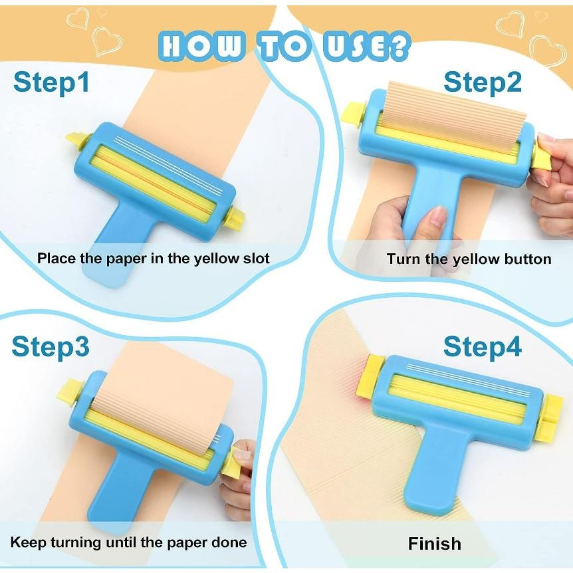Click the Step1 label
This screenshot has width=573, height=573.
click(x=51, y=82)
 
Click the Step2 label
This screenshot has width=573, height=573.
click(x=483, y=82)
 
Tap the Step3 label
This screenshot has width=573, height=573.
click(x=51, y=346)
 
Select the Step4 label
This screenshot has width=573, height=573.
click(x=483, y=346)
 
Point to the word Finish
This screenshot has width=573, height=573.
click(x=434, y=543)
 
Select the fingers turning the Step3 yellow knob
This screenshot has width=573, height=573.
click(x=243, y=459)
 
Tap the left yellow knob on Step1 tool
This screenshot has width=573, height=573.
click(x=77, y=140)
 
